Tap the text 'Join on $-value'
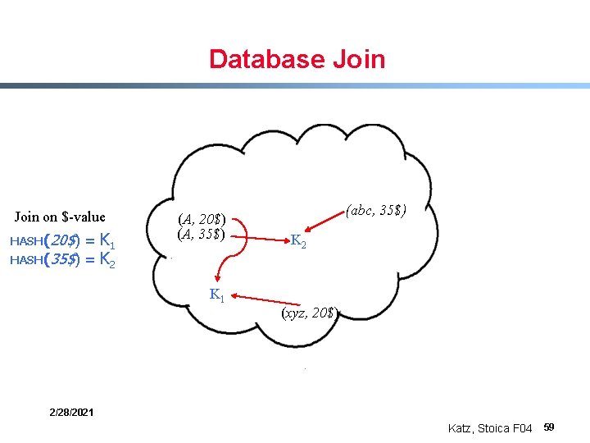pos(60,217)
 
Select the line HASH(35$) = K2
pos(61,260)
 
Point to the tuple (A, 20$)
pos(202,219)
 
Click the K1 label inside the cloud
pos(217,295)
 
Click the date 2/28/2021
pos(70,412)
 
